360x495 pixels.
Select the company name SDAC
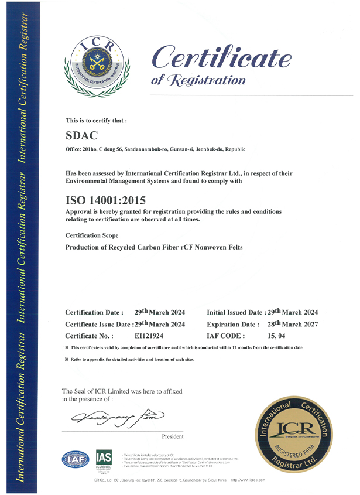click(80, 136)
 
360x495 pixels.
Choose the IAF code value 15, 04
click(275, 336)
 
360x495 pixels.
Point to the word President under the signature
click(172, 436)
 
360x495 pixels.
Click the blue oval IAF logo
click(75, 459)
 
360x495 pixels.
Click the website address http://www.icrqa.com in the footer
click(248, 480)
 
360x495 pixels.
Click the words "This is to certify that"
click(96, 120)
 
